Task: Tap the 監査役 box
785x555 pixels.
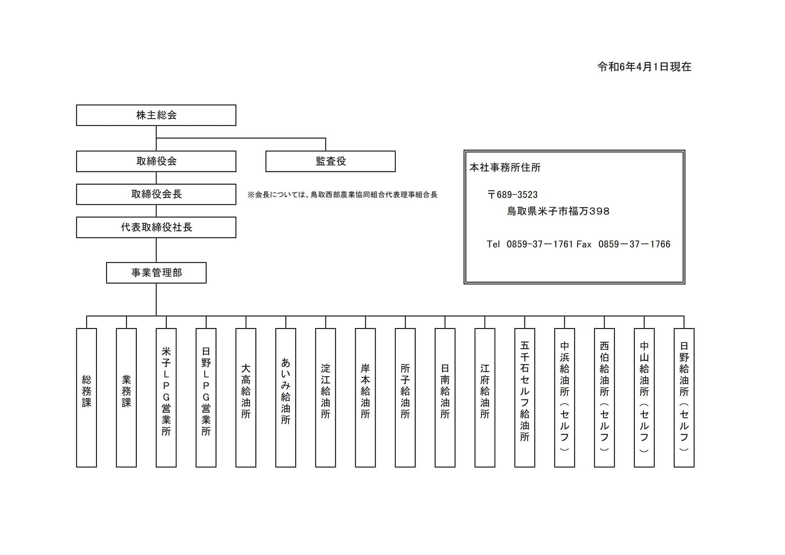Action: [x=330, y=161]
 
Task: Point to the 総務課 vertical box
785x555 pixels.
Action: [x=86, y=397]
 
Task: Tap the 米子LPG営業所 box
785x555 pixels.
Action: [x=166, y=397]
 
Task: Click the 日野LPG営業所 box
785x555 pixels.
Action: [x=206, y=397]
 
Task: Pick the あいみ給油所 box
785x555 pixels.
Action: [x=285, y=397]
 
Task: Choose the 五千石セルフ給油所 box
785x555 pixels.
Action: [x=524, y=397]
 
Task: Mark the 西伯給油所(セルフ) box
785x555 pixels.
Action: [x=604, y=397]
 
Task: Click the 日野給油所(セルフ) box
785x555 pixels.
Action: [x=684, y=397]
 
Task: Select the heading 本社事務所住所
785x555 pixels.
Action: [x=505, y=167]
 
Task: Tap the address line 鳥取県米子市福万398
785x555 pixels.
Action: [x=558, y=211]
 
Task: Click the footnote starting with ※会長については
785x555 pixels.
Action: [x=342, y=195]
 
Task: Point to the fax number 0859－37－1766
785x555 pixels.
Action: [x=634, y=244]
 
